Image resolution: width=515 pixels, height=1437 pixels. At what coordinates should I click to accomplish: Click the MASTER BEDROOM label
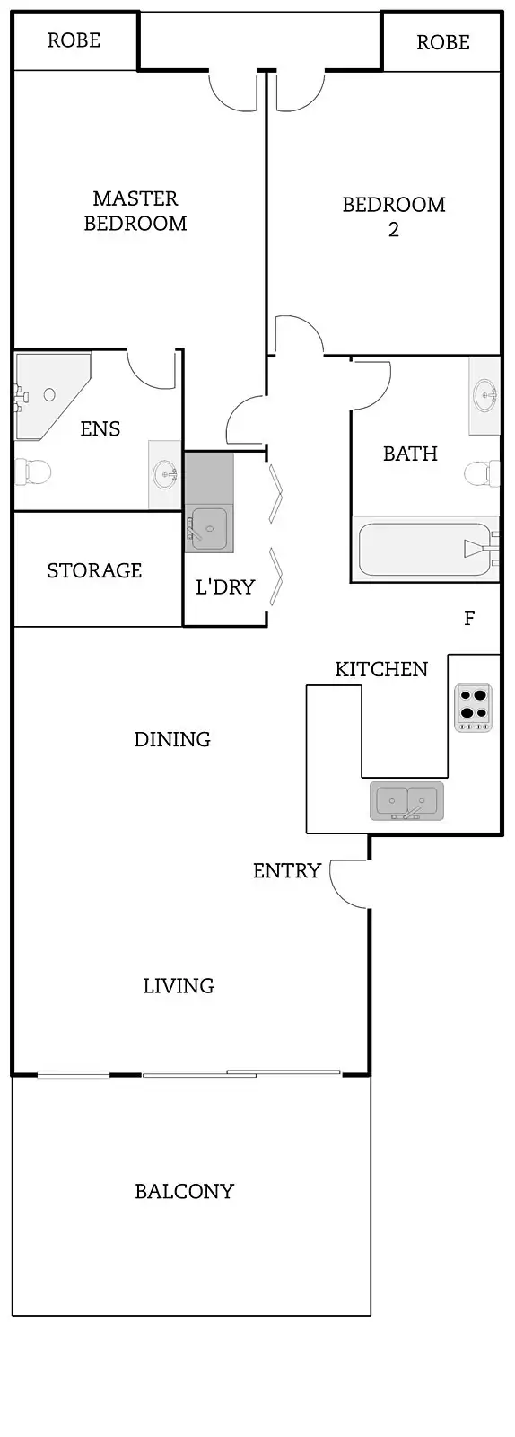click(x=135, y=211)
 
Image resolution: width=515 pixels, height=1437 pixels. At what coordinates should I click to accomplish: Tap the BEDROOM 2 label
click(x=394, y=216)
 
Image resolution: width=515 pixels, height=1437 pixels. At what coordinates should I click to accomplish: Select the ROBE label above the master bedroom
click(x=74, y=40)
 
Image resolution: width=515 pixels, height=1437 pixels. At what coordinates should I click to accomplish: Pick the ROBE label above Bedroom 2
click(x=443, y=42)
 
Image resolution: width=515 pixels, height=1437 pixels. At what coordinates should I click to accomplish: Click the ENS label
click(x=100, y=429)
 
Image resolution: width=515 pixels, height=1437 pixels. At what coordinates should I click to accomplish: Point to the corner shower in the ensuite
click(x=49, y=394)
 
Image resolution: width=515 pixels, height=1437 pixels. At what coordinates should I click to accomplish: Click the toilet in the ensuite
click(x=33, y=471)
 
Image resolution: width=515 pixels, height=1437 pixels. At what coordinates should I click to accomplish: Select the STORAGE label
click(x=94, y=571)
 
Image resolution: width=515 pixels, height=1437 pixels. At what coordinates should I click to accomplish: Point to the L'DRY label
click(x=225, y=587)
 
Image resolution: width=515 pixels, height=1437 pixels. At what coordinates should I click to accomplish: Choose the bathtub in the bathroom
click(x=423, y=550)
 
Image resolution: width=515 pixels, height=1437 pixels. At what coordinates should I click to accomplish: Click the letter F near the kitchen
click(x=469, y=618)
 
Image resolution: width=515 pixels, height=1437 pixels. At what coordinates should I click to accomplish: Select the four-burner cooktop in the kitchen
click(x=473, y=705)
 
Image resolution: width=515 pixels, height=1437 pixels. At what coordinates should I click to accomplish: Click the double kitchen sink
click(x=406, y=800)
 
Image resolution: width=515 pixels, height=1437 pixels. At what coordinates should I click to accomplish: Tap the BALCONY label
click(x=184, y=1192)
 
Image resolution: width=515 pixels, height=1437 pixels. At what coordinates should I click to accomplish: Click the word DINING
click(x=172, y=740)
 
